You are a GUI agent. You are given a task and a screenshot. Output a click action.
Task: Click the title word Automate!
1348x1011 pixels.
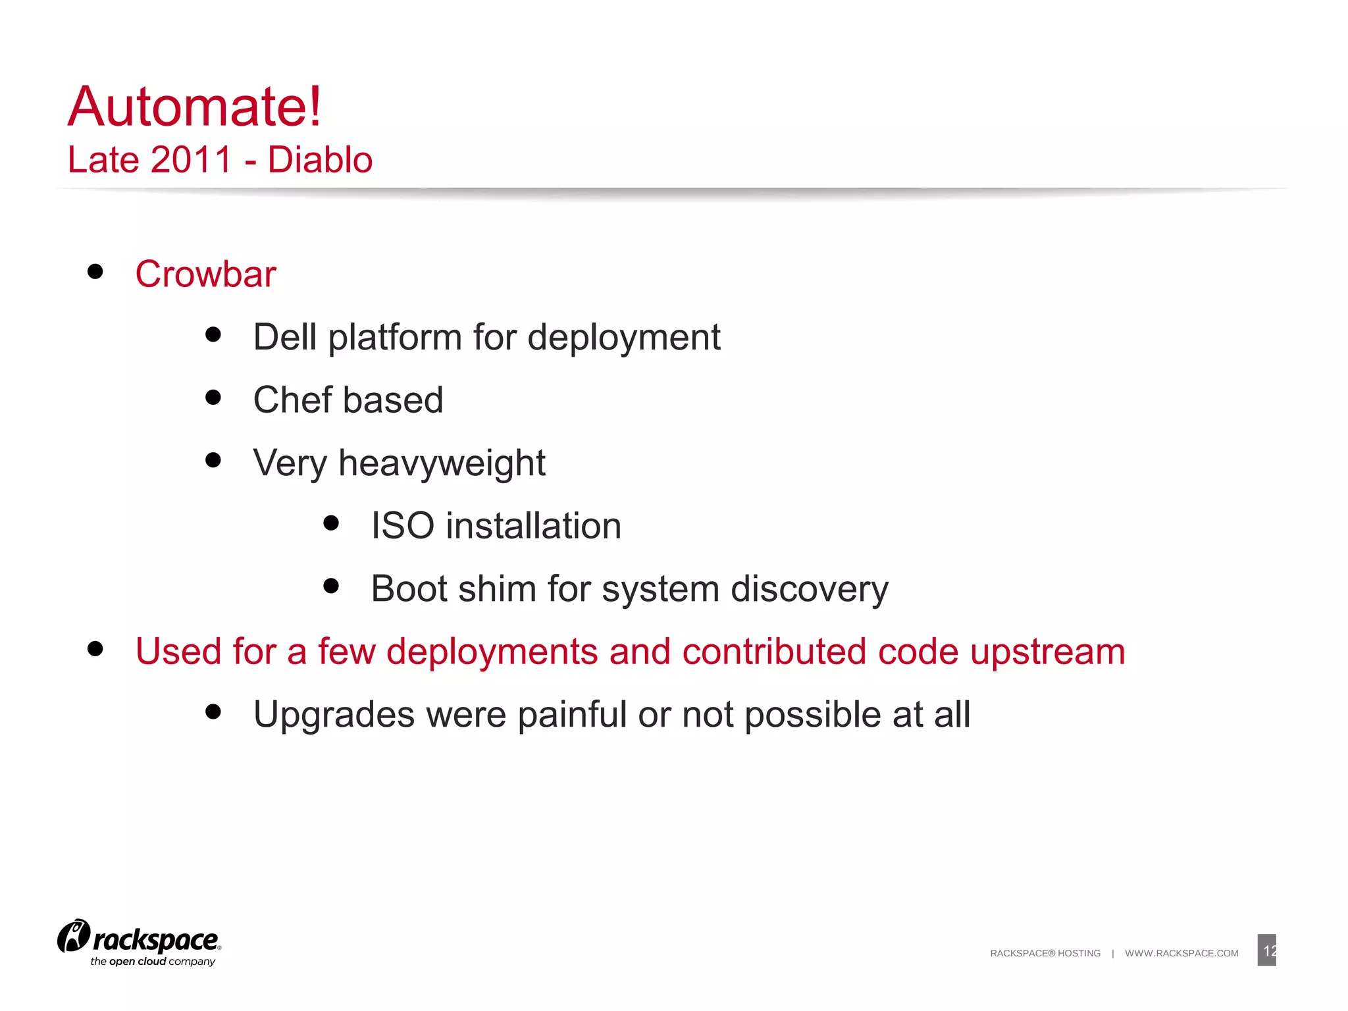tap(195, 107)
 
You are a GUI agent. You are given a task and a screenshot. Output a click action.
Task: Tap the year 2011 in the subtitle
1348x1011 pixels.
tap(192, 160)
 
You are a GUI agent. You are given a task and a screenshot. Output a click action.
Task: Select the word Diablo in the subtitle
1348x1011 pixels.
tap(320, 160)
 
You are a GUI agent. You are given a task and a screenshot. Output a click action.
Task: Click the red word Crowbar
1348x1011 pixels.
tap(205, 274)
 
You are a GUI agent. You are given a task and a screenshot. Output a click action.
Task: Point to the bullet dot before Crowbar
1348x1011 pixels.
tap(95, 272)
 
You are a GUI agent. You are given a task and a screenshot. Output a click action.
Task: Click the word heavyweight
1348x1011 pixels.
tap(442, 463)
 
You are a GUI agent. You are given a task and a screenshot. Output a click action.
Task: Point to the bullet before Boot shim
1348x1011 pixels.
tap(331, 586)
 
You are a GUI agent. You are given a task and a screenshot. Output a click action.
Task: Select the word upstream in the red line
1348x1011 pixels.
tap(1047, 652)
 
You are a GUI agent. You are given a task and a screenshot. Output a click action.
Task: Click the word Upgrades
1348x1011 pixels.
tap(334, 715)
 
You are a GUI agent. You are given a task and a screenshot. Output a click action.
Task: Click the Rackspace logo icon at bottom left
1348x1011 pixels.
tap(74, 936)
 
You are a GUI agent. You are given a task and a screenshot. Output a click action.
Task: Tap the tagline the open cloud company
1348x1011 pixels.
tap(153, 962)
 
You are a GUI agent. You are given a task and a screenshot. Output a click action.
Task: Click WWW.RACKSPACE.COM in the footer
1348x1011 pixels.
tap(1181, 953)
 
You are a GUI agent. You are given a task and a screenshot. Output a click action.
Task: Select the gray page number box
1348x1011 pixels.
tap(1266, 950)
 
